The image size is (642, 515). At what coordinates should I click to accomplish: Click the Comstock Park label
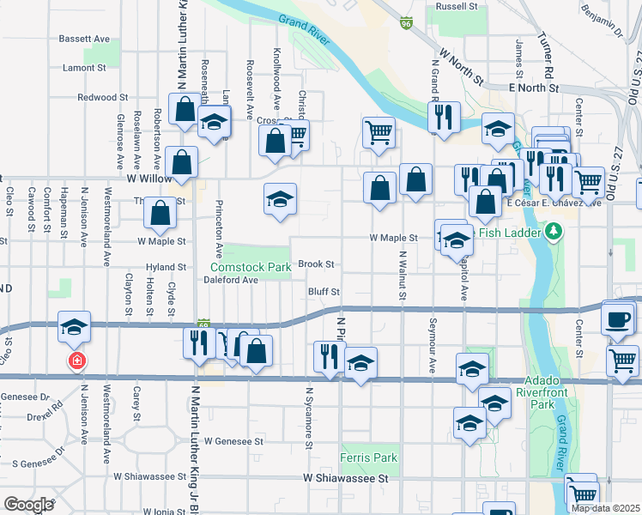coord(250,268)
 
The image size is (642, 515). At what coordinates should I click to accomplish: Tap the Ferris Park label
coord(368,457)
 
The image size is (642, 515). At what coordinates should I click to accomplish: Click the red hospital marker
coord(77,360)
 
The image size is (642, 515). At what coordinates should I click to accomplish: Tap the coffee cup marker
coord(617,319)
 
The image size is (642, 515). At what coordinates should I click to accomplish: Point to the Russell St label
coord(457,6)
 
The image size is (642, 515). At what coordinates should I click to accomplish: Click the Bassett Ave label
coord(84,39)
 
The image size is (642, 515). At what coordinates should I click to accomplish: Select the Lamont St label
coord(84,67)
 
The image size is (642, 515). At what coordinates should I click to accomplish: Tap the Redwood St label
coord(102,98)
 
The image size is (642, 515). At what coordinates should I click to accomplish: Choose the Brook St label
coord(316,265)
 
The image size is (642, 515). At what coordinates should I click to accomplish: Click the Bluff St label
coord(324,293)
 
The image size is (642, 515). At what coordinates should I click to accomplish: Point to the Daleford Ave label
coord(234,280)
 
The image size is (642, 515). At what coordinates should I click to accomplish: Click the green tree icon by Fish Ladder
coord(554,232)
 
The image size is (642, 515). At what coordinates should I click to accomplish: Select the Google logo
coord(29,505)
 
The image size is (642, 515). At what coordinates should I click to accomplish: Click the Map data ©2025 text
coord(605,508)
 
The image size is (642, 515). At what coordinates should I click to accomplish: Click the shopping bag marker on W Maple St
coord(160,215)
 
